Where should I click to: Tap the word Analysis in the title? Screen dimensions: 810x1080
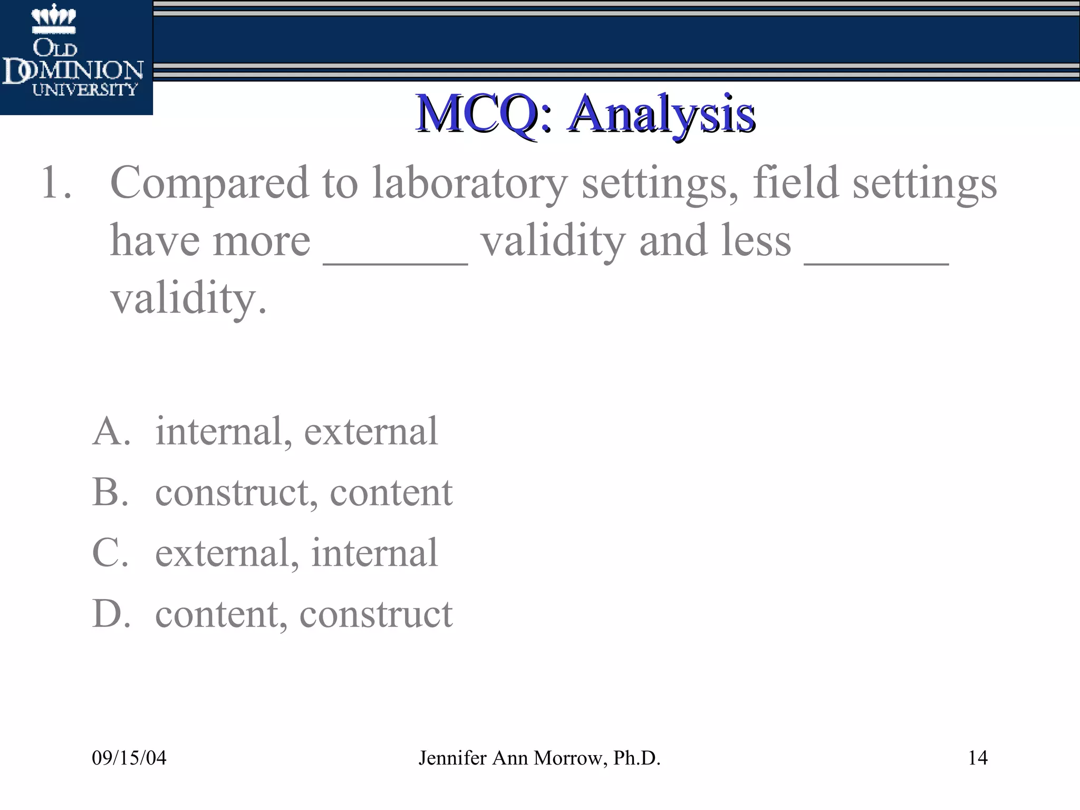pyautogui.click(x=662, y=114)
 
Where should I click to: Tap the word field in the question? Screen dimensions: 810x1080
pyautogui.click(x=796, y=183)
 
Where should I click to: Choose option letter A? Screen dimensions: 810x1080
pyautogui.click(x=111, y=431)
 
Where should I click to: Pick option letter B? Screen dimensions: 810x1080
pyautogui.click(x=110, y=493)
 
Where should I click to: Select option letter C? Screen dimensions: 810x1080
pyautogui.click(x=110, y=553)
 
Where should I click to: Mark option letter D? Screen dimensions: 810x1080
pyautogui.click(x=111, y=614)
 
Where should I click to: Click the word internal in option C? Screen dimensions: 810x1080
pyautogui.click(x=374, y=553)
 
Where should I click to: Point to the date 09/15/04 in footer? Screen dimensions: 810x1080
pyautogui.click(x=129, y=758)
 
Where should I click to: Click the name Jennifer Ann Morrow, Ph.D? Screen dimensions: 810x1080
pyautogui.click(x=539, y=758)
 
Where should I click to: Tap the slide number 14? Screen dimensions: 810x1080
pyautogui.click(x=978, y=758)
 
